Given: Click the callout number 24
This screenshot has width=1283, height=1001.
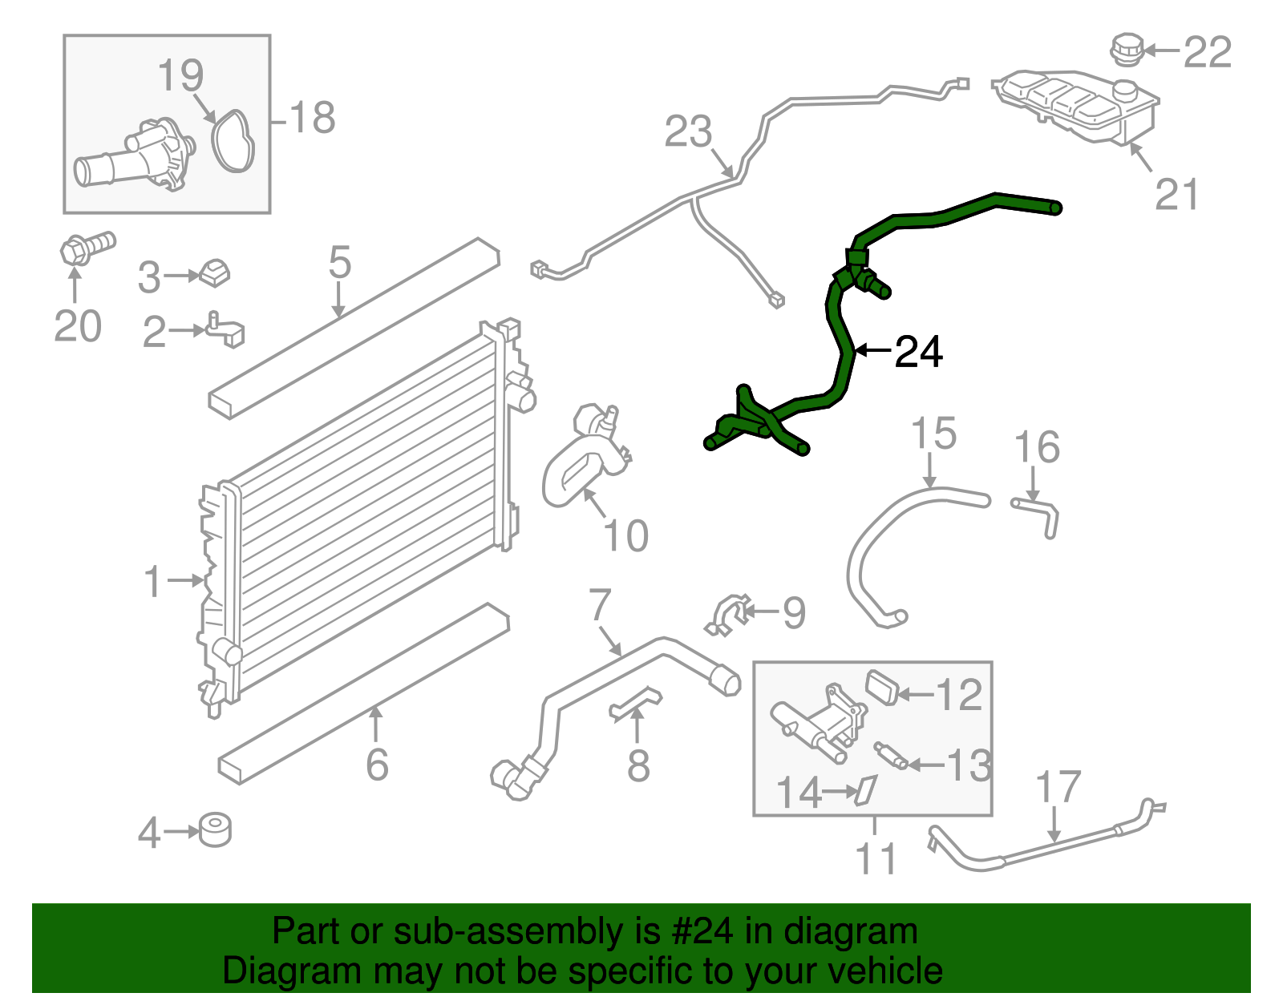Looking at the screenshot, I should [918, 352].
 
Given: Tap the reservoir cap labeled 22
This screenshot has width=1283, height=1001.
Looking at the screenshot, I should [1126, 49].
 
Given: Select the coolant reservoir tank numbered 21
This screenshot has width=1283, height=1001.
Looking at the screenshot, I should [1075, 104].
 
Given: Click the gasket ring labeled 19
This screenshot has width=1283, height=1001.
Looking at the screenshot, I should [233, 142].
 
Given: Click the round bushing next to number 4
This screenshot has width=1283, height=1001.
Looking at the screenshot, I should [215, 830].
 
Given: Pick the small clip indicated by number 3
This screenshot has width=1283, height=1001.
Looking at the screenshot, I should [214, 272].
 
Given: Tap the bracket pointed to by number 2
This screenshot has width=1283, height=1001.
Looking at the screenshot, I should [226, 329].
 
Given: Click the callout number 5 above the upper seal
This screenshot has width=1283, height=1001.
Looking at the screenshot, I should [340, 262].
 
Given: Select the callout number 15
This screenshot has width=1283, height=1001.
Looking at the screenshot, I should [934, 434].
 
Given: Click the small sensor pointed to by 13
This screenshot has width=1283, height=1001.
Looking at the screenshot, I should [891, 755].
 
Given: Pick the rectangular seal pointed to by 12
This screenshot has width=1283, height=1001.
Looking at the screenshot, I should [882, 688].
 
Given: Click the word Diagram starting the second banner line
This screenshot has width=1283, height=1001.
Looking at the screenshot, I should [269, 971].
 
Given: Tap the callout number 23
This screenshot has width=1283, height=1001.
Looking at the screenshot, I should [688, 131].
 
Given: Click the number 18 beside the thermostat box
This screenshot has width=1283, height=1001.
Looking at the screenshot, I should [312, 119].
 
